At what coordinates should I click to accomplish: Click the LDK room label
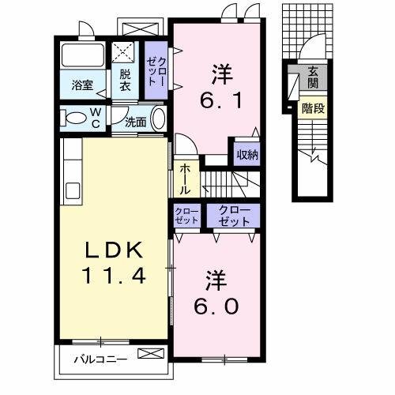coord(115,252)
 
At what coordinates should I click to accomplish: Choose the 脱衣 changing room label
coord(126,81)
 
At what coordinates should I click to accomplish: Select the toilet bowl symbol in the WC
coord(73,120)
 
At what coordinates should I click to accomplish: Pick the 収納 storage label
coord(246,154)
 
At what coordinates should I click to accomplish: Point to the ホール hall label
coord(184,179)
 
